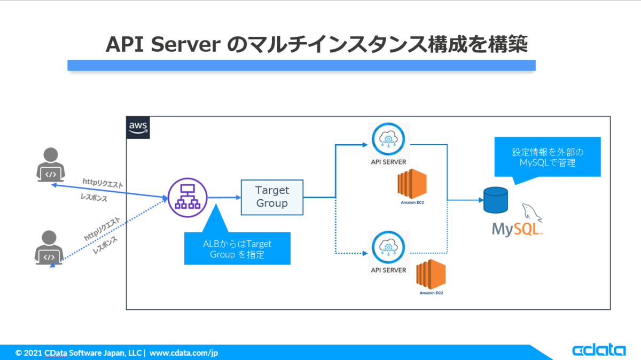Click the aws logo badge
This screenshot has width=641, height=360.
(x=138, y=127)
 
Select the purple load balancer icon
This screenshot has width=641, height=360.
(x=187, y=198)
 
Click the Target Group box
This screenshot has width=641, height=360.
(x=272, y=197)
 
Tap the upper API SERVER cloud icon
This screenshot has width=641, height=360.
(x=388, y=139)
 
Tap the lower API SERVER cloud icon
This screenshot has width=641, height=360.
(x=388, y=247)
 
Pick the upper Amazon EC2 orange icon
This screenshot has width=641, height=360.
(x=412, y=184)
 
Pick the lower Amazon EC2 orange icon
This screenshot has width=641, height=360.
(x=431, y=274)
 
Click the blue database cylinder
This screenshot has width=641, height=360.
(x=496, y=200)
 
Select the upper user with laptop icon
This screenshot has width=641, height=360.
(x=51, y=165)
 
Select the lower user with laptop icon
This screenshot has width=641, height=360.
(x=49, y=247)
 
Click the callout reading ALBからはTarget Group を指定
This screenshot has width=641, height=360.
(x=237, y=248)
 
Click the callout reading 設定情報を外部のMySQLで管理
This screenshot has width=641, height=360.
(x=548, y=157)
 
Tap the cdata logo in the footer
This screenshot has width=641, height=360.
(x=599, y=350)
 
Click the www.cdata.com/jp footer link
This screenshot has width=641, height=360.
(x=184, y=353)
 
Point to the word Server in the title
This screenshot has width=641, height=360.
(x=186, y=45)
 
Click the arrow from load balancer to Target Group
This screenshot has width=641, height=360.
(x=224, y=198)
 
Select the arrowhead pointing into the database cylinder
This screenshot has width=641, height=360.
(x=481, y=200)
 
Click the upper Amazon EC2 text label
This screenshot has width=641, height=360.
(x=412, y=202)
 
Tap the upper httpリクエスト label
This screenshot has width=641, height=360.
(x=103, y=183)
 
